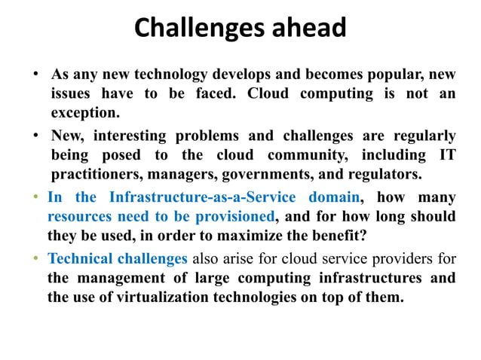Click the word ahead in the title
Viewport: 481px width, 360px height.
(x=305, y=29)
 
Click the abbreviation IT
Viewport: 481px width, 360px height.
(x=446, y=156)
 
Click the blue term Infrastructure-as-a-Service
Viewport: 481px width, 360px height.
(x=203, y=198)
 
